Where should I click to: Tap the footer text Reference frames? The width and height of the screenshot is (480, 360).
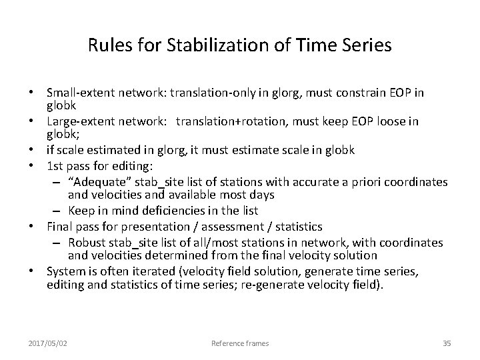[240, 343]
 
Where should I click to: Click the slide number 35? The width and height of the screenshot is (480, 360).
[447, 343]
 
